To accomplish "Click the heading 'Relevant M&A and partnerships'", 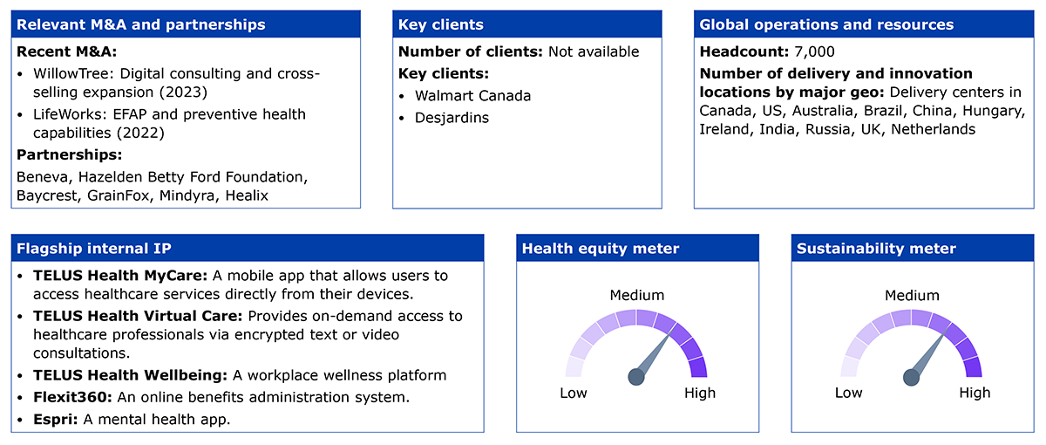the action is click(141, 24).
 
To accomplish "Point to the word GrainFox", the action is click(119, 195).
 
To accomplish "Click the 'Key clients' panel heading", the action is click(441, 24).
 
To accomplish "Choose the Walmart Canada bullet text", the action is click(472, 96).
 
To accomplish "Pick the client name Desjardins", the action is click(452, 118).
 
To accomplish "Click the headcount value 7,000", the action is click(814, 51).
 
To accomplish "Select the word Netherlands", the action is click(933, 129).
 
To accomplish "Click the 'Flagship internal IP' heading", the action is click(94, 248).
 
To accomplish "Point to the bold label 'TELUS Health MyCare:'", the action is click(120, 276).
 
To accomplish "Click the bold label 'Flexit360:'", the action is click(72, 397).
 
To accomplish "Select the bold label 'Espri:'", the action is click(56, 420).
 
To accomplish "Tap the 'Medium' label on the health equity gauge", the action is click(637, 295).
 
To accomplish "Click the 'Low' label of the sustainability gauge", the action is click(848, 393).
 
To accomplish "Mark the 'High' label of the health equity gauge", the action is click(700, 393).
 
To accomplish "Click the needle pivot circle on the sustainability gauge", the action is click(911, 377).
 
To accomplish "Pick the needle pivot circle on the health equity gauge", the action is click(636, 377).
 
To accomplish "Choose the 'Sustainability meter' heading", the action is click(876, 248).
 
